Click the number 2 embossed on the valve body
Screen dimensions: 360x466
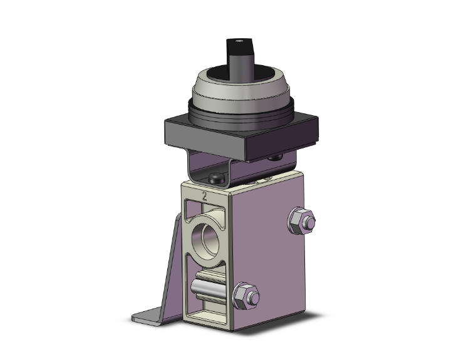[x=204, y=195]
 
